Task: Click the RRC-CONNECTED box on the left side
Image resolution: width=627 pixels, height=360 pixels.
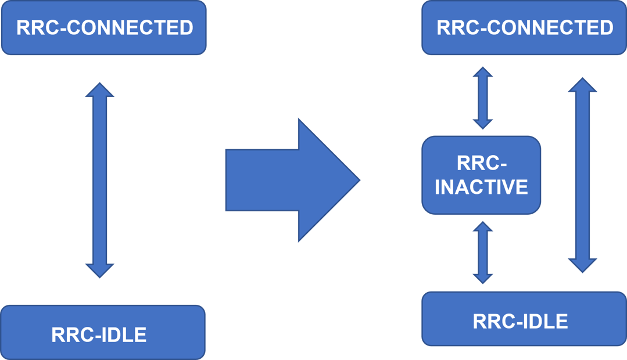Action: point(103,28)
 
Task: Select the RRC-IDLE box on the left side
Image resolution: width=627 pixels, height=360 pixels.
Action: point(103,332)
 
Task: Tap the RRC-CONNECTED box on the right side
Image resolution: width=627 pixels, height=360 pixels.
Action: point(524,28)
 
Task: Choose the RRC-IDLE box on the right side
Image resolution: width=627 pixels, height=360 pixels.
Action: point(524,319)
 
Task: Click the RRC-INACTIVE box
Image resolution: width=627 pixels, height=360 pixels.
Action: point(481,175)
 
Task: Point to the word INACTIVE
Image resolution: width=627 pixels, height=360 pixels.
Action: point(481,188)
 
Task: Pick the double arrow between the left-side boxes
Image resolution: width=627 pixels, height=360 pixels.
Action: point(100,180)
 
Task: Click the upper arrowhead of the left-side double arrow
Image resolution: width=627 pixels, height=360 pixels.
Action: point(100,91)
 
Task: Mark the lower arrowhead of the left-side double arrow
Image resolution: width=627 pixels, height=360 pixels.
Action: point(100,269)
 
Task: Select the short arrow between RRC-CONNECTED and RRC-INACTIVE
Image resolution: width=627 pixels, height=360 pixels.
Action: point(482,98)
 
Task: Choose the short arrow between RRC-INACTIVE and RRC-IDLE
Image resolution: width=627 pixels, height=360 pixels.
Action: point(482,252)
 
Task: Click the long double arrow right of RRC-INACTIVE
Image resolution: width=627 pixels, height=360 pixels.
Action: point(582,175)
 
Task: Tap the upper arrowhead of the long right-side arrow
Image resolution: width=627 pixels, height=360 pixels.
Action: point(582,86)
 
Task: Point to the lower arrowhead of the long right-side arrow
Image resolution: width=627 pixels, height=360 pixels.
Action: point(582,265)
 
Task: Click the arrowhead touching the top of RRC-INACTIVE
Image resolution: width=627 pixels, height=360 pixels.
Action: point(482,123)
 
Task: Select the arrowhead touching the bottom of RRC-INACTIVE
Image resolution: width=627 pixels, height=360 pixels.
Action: point(482,227)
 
